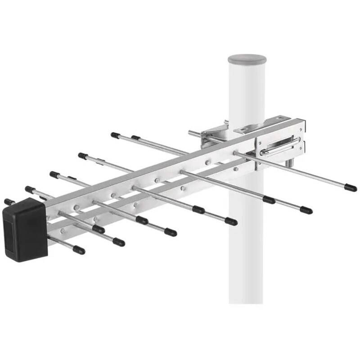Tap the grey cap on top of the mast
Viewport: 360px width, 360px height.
point(247,59)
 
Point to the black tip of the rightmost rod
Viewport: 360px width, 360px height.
point(350,187)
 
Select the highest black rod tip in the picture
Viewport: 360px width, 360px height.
point(115,135)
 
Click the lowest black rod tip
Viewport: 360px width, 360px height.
point(79,250)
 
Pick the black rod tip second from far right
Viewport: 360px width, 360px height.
point(306,210)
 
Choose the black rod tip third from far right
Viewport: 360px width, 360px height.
point(269,200)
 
